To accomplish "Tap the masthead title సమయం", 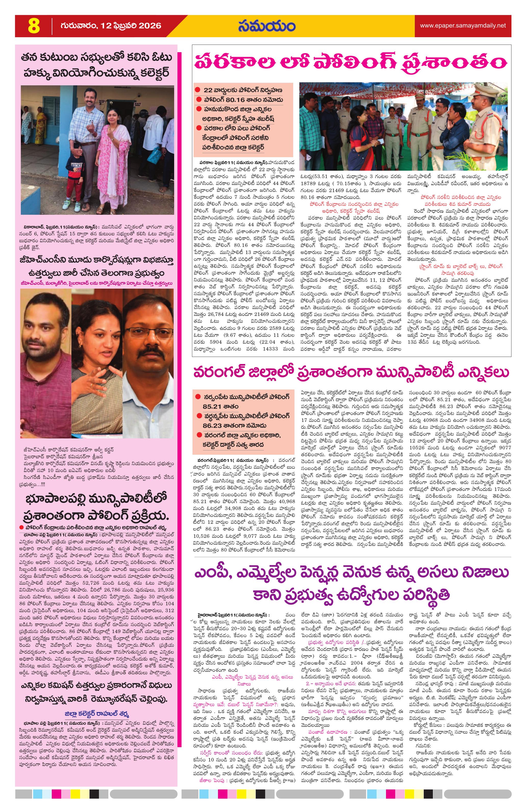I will click(266, 26).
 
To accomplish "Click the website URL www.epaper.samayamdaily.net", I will click(463, 26).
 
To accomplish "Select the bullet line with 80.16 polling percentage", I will click(243, 100).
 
